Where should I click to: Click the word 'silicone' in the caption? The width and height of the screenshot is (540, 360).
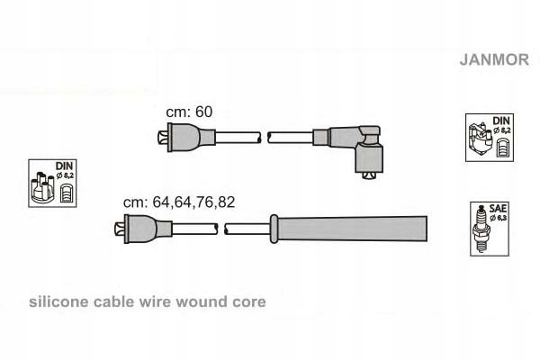tap(58, 302)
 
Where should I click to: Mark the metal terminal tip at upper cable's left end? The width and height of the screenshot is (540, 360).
tap(160, 137)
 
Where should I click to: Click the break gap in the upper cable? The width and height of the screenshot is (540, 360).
tap(264, 137)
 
